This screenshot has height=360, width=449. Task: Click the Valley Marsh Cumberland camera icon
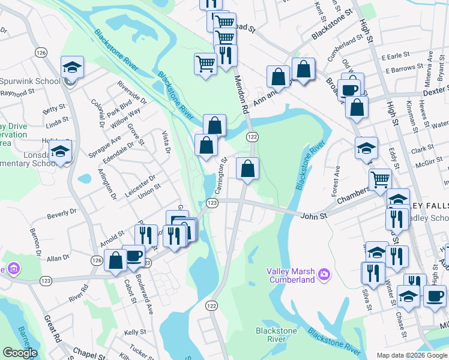324,274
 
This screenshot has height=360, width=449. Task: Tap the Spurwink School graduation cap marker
72,67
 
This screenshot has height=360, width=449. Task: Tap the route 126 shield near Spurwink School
41,53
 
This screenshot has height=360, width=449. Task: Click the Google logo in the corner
20,353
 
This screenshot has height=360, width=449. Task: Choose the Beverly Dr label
62,212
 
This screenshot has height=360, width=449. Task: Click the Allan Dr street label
58,258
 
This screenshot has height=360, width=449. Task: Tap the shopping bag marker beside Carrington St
247,169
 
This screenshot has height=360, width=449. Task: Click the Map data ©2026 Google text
411,355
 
